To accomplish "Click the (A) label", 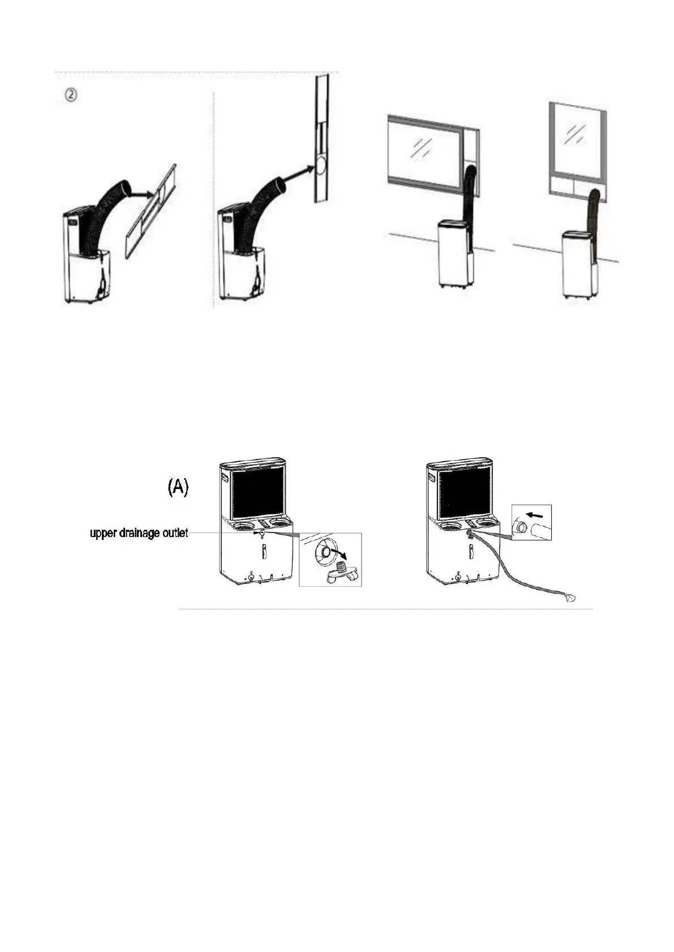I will click(178, 487).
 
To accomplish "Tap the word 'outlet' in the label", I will click(176, 533).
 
